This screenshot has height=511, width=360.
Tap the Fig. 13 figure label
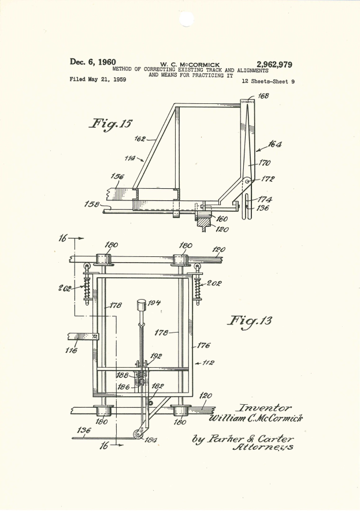point(251,320)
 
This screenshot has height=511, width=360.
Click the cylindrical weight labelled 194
point(142,304)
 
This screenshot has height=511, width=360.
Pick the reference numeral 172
point(268,180)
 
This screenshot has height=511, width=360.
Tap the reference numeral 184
point(151,441)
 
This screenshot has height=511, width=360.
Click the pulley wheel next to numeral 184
point(137,437)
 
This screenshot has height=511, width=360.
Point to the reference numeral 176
point(203,346)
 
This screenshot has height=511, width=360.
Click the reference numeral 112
point(207,363)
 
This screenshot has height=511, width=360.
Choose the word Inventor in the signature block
point(266,408)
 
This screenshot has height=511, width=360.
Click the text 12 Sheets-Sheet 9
point(268,81)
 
